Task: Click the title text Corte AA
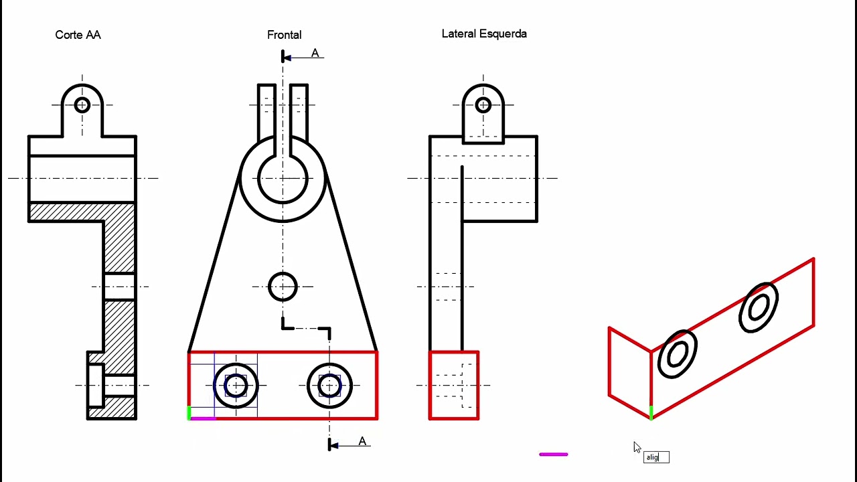[78, 35]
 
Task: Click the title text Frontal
[284, 35]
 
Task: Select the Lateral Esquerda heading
[483, 33]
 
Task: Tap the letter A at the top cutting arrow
[315, 54]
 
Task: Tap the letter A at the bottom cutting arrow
[362, 441]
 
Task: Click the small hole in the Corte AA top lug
[82, 105]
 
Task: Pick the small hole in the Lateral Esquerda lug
[483, 105]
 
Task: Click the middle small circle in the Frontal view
[282, 287]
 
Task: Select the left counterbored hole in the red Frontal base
[236, 386]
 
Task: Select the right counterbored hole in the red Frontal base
[329, 386]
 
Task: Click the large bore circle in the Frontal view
[282, 179]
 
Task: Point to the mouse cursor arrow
[637, 447]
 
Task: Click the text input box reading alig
[656, 457]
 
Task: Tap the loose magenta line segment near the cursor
[553, 455]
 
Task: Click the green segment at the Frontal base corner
[189, 412]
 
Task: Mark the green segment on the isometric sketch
[651, 412]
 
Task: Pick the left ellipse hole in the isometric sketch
[677, 354]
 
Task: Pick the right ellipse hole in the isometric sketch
[758, 307]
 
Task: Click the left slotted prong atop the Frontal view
[266, 110]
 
